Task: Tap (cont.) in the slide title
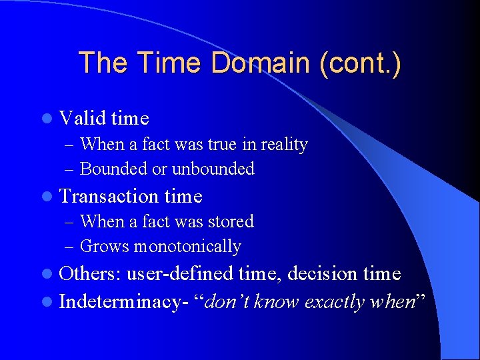tap(361, 63)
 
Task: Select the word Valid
tap(83, 119)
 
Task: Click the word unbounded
tap(213, 169)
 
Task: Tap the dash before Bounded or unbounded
tap(71, 169)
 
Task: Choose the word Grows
tap(105, 247)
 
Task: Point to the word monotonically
tap(187, 247)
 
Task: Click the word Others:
tap(90, 274)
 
